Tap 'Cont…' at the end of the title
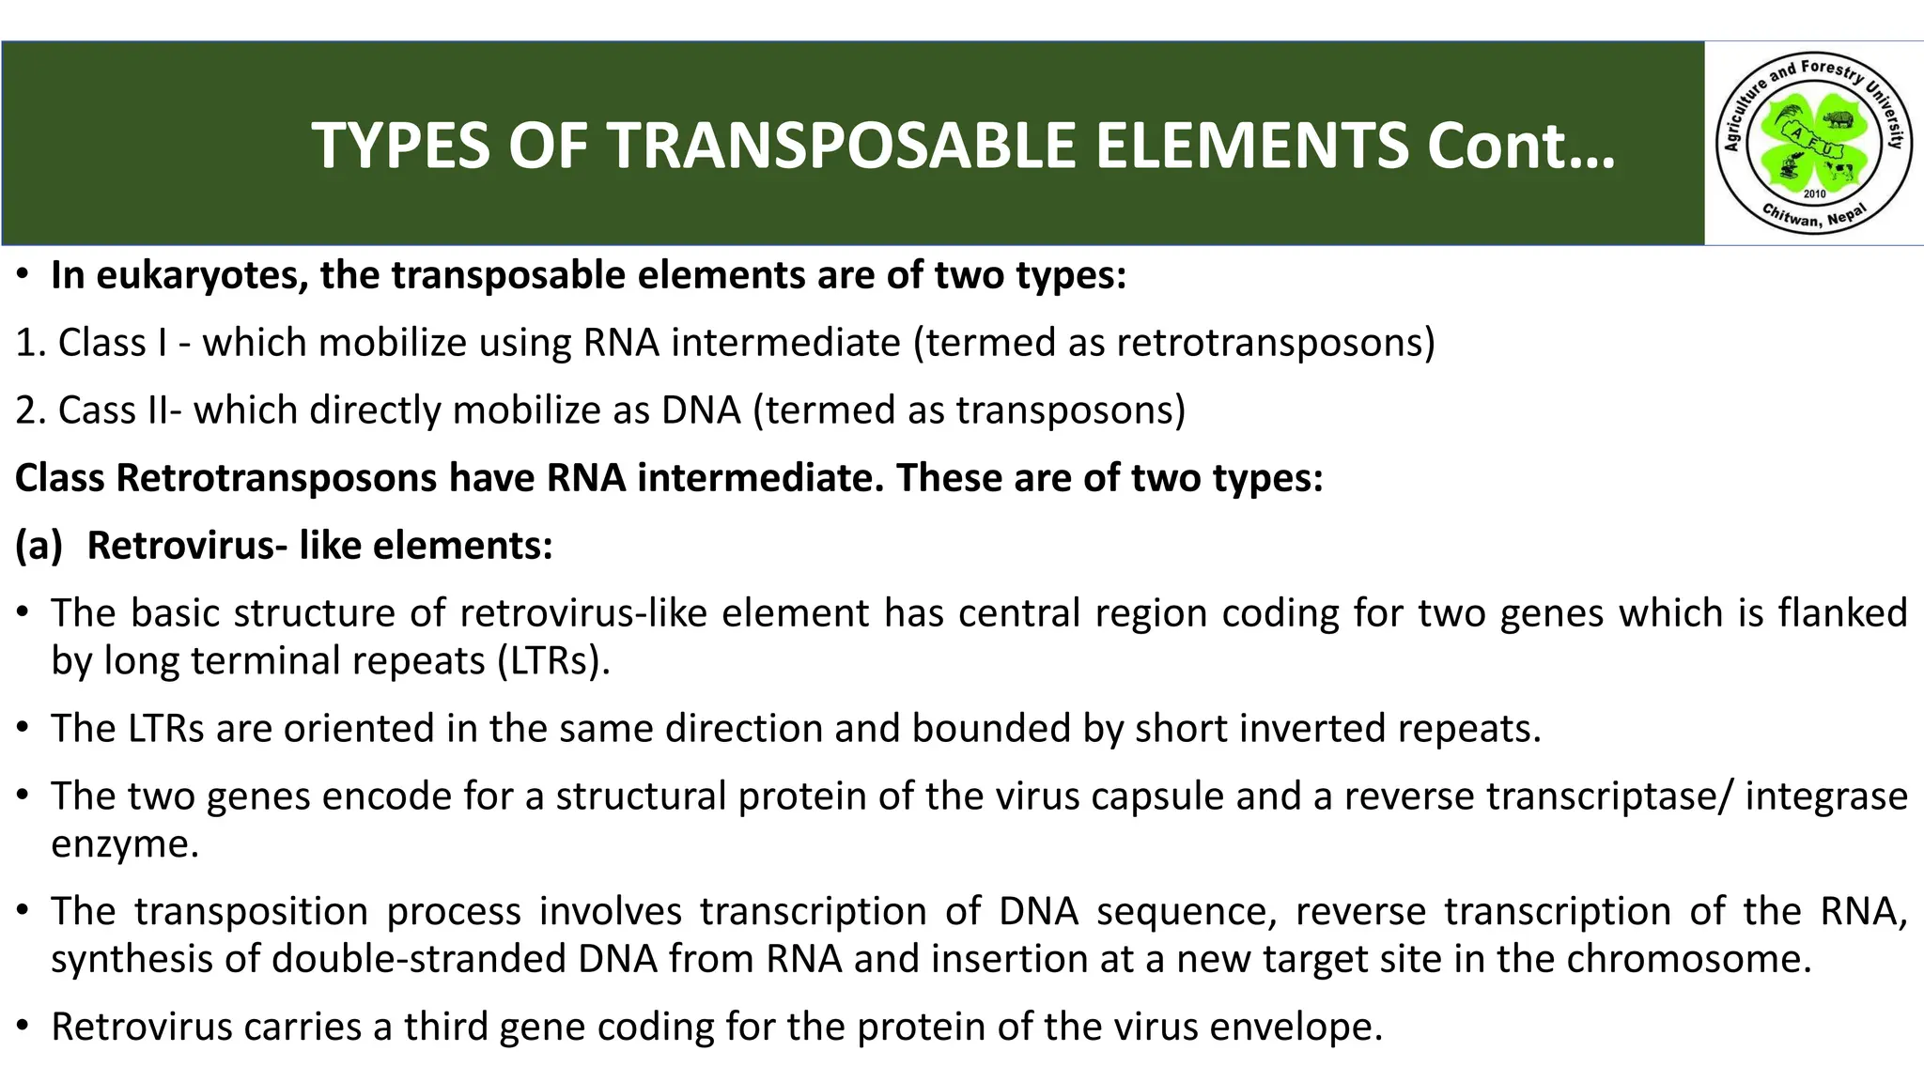tap(1521, 146)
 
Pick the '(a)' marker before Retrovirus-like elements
tap(39, 546)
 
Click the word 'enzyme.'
tap(125, 844)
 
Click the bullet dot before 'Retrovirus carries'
tap(24, 1026)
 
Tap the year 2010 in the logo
tap(1814, 193)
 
